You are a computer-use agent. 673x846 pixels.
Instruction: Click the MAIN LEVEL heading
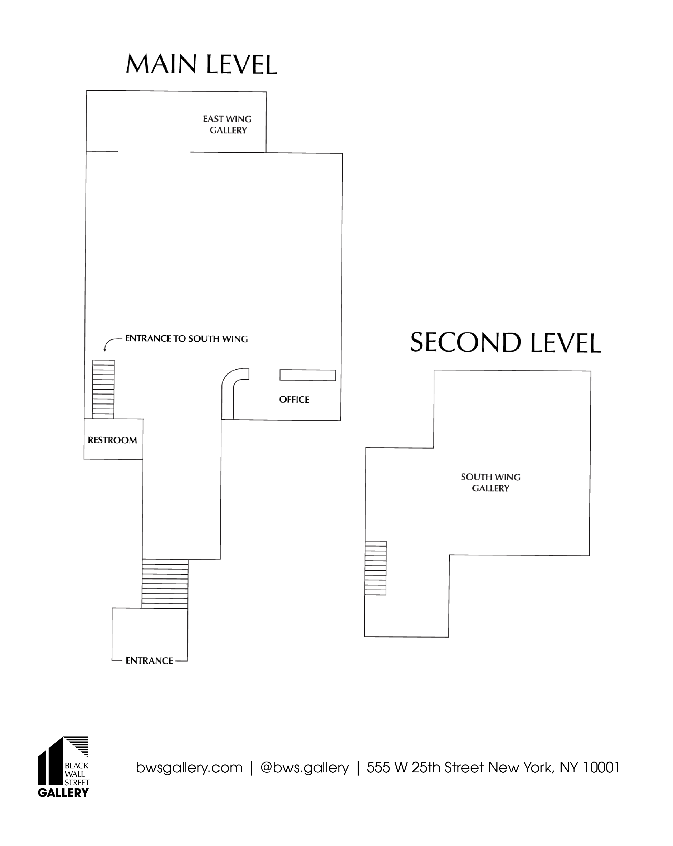pyautogui.click(x=201, y=64)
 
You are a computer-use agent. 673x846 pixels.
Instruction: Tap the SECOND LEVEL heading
pyautogui.click(x=505, y=343)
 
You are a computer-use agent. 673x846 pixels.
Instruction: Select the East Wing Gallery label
pyautogui.click(x=228, y=124)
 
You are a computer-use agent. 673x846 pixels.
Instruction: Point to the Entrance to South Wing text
pyautogui.click(x=186, y=339)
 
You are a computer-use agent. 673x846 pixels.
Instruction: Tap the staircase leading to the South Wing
pyautogui.click(x=103, y=389)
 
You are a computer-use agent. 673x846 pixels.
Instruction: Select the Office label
pyautogui.click(x=294, y=400)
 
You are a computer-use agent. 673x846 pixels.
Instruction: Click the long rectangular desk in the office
pyautogui.click(x=308, y=375)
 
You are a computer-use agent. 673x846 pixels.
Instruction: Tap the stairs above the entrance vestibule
pyautogui.click(x=165, y=584)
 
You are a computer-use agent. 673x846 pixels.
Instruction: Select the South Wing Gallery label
pyautogui.click(x=491, y=483)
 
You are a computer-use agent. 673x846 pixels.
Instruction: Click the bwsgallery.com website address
pyautogui.click(x=189, y=768)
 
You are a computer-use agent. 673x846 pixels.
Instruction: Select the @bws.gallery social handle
pyautogui.click(x=305, y=768)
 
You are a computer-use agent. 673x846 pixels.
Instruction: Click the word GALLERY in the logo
pyautogui.click(x=63, y=793)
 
